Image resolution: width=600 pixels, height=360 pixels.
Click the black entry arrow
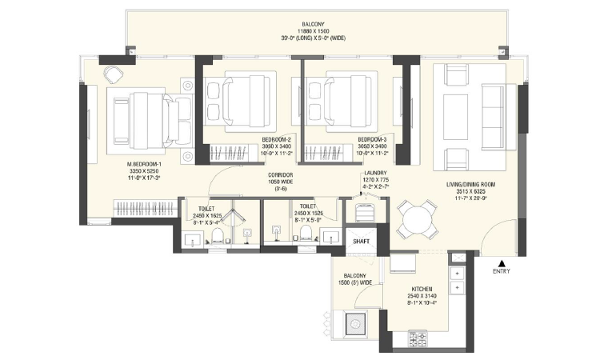coord(502,262)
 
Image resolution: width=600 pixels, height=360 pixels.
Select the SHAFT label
coord(362,239)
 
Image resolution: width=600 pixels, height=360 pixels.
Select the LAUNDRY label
coord(375,173)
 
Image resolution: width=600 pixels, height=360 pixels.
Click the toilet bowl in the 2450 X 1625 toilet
coord(214,234)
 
